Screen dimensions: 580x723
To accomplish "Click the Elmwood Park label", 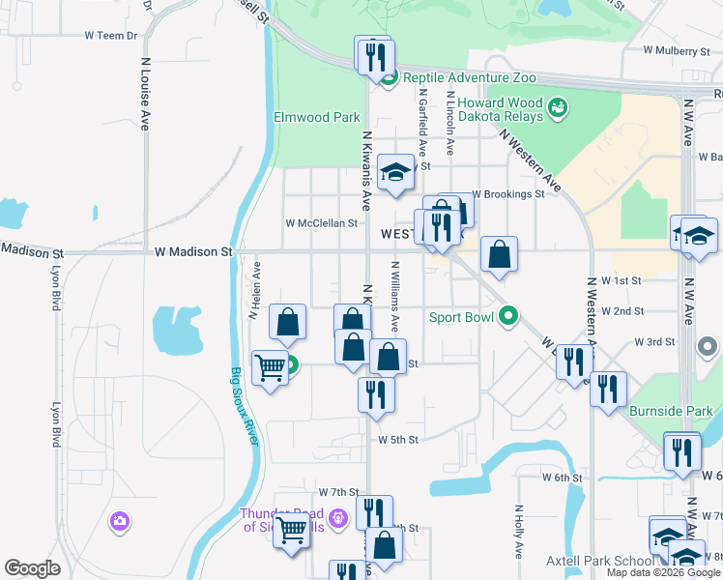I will [317, 118].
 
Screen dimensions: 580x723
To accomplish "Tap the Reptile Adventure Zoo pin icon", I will [389, 78].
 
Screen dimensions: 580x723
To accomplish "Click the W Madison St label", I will [194, 251].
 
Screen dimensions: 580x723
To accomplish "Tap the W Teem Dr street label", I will [111, 35].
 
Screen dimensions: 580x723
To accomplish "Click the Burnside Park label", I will [670, 411].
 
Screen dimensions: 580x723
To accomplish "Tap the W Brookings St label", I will [508, 194].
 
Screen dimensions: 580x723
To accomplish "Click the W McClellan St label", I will [322, 223].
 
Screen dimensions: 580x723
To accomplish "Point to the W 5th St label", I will [397, 440].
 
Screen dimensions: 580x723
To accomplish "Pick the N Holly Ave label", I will [519, 532].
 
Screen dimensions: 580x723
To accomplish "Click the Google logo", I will [32, 568].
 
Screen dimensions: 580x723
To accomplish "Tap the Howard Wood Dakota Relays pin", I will [557, 106].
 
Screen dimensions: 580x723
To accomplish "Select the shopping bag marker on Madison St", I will [499, 256].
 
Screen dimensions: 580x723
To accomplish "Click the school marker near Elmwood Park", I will [395, 173].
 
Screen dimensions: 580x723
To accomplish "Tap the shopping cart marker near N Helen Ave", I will [271, 367].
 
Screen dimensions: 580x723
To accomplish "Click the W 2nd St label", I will [622, 311].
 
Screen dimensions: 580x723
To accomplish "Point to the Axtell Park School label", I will [605, 561].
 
